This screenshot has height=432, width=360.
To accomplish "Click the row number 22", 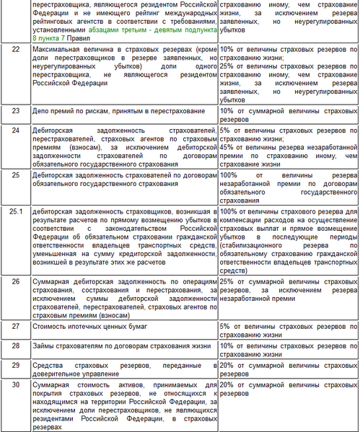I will pos(16,49).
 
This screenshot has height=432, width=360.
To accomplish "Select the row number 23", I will pos(16,112).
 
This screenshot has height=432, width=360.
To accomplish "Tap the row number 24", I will pos(16,130).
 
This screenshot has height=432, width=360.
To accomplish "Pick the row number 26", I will pos(16,281).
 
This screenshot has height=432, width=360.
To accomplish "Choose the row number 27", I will pos(16,327).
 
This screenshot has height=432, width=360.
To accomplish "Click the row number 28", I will pos(16,346).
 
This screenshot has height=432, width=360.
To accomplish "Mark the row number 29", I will pos(16,366).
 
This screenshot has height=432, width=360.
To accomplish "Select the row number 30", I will pos(16,385).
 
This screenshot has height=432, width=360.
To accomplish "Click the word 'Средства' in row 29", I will pos(48,366).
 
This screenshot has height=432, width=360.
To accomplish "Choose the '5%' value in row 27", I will pos(224,327).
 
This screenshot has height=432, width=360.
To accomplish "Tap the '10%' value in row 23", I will pos(227,112).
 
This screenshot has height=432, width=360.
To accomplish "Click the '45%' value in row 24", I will pos(227,147).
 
